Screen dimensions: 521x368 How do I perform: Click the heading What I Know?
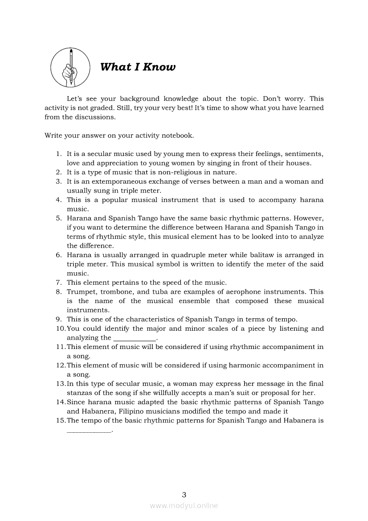click(x=138, y=67)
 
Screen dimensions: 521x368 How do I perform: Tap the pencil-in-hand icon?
click(x=70, y=67)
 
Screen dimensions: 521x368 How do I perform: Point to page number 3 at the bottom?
click(x=184, y=494)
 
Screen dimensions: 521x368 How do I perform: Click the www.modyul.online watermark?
click(x=184, y=506)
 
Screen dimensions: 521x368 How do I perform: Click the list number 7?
click(x=58, y=283)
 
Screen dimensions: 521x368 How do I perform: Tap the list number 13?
click(x=61, y=384)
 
